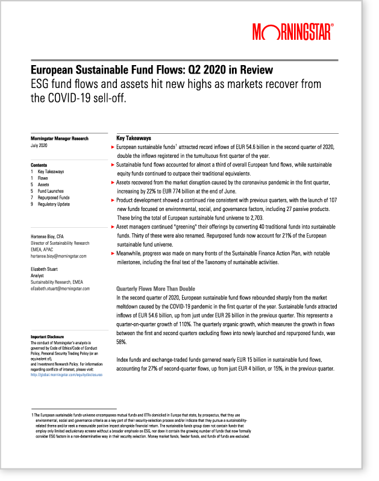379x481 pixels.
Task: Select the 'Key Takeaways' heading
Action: pos(133,137)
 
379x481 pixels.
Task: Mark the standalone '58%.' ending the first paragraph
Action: pos(121,341)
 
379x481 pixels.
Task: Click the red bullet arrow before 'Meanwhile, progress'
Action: pos(113,254)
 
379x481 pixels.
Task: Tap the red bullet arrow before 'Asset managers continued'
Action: pos(113,225)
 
